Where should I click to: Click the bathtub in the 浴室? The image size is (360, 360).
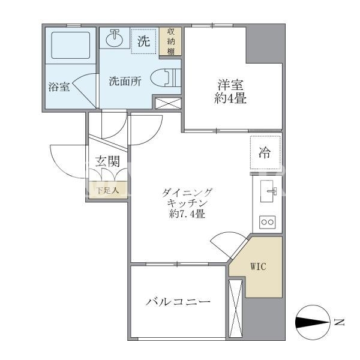tap(70, 45)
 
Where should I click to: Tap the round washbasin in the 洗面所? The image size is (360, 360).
tap(114, 38)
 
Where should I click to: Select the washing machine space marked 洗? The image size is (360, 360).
tap(144, 41)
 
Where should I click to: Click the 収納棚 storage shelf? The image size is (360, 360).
tap(170, 41)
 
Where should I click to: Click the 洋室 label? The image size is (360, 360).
tap(230, 85)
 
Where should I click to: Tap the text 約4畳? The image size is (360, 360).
tap(230, 98)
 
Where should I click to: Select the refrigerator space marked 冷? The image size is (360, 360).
tap(265, 152)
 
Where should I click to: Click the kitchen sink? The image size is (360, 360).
tap(268, 191)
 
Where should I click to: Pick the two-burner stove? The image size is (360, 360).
tap(268, 222)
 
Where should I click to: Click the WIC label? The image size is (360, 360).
tap(258, 266)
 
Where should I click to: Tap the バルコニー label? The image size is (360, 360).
tap(178, 301)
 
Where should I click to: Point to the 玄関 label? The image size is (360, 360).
tap(107, 161)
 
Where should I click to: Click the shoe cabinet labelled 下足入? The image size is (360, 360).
tap(108, 190)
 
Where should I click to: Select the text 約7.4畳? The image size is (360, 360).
tap(187, 214)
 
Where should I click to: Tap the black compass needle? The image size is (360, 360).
tap(312, 322)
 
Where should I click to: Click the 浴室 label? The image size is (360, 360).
tap(59, 87)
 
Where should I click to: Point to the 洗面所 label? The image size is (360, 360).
tap(125, 81)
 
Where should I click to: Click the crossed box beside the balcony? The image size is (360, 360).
tap(236, 308)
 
